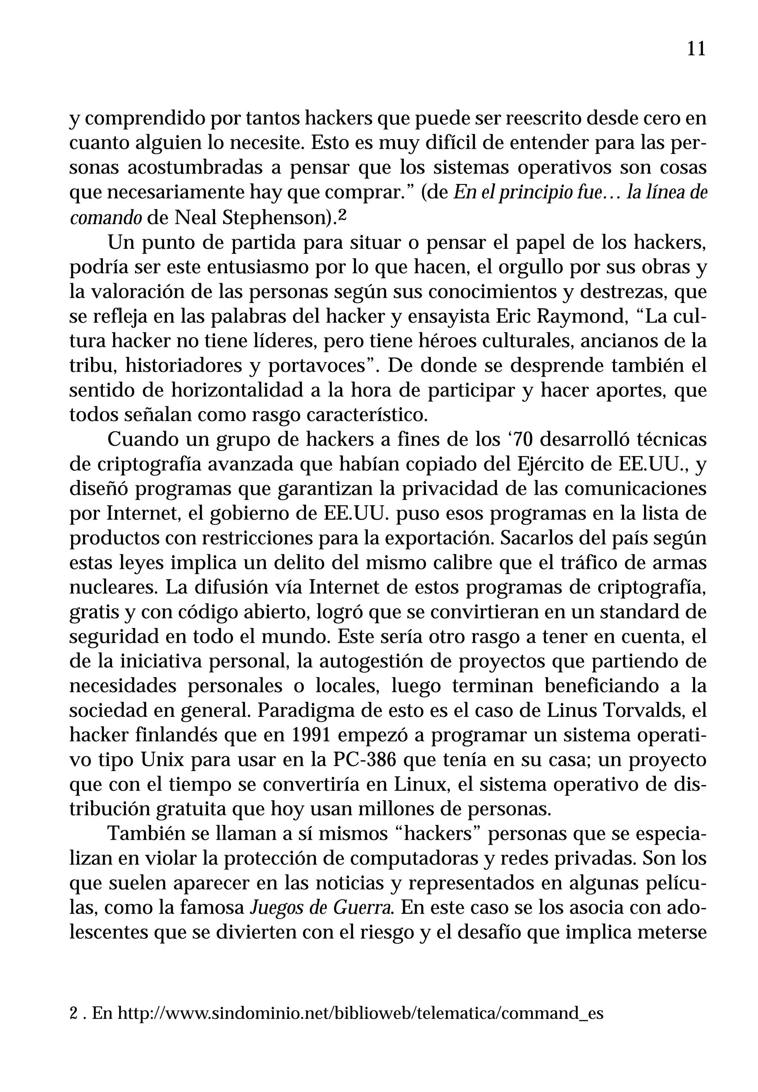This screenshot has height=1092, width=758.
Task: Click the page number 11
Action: (x=696, y=49)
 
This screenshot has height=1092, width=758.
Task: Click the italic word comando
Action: (x=105, y=218)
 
